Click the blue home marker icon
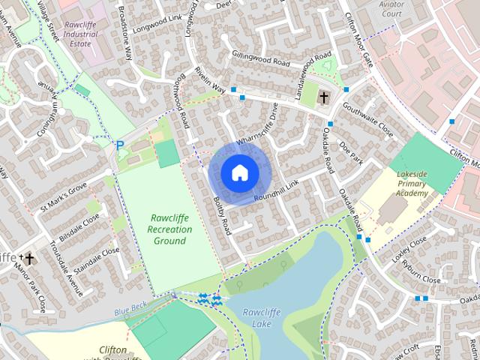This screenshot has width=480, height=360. (239, 173)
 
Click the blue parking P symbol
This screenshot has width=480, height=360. (119, 144)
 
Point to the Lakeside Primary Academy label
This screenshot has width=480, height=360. (412, 184)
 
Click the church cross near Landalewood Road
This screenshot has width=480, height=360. (324, 97)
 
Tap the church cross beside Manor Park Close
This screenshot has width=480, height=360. (30, 259)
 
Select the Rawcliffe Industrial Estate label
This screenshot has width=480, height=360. (82, 28)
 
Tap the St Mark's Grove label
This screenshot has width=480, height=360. (64, 196)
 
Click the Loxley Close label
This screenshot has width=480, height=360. (409, 247)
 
